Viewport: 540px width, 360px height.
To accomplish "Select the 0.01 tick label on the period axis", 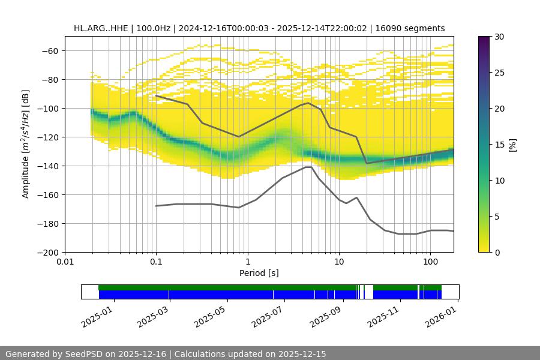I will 65,262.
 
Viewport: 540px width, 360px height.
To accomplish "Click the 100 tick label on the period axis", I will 430,262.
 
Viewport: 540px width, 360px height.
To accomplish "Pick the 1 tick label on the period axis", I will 247,262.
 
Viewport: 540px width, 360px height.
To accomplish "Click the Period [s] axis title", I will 259,273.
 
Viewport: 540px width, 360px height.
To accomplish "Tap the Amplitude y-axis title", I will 25,144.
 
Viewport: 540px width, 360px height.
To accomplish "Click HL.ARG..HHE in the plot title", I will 100,28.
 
